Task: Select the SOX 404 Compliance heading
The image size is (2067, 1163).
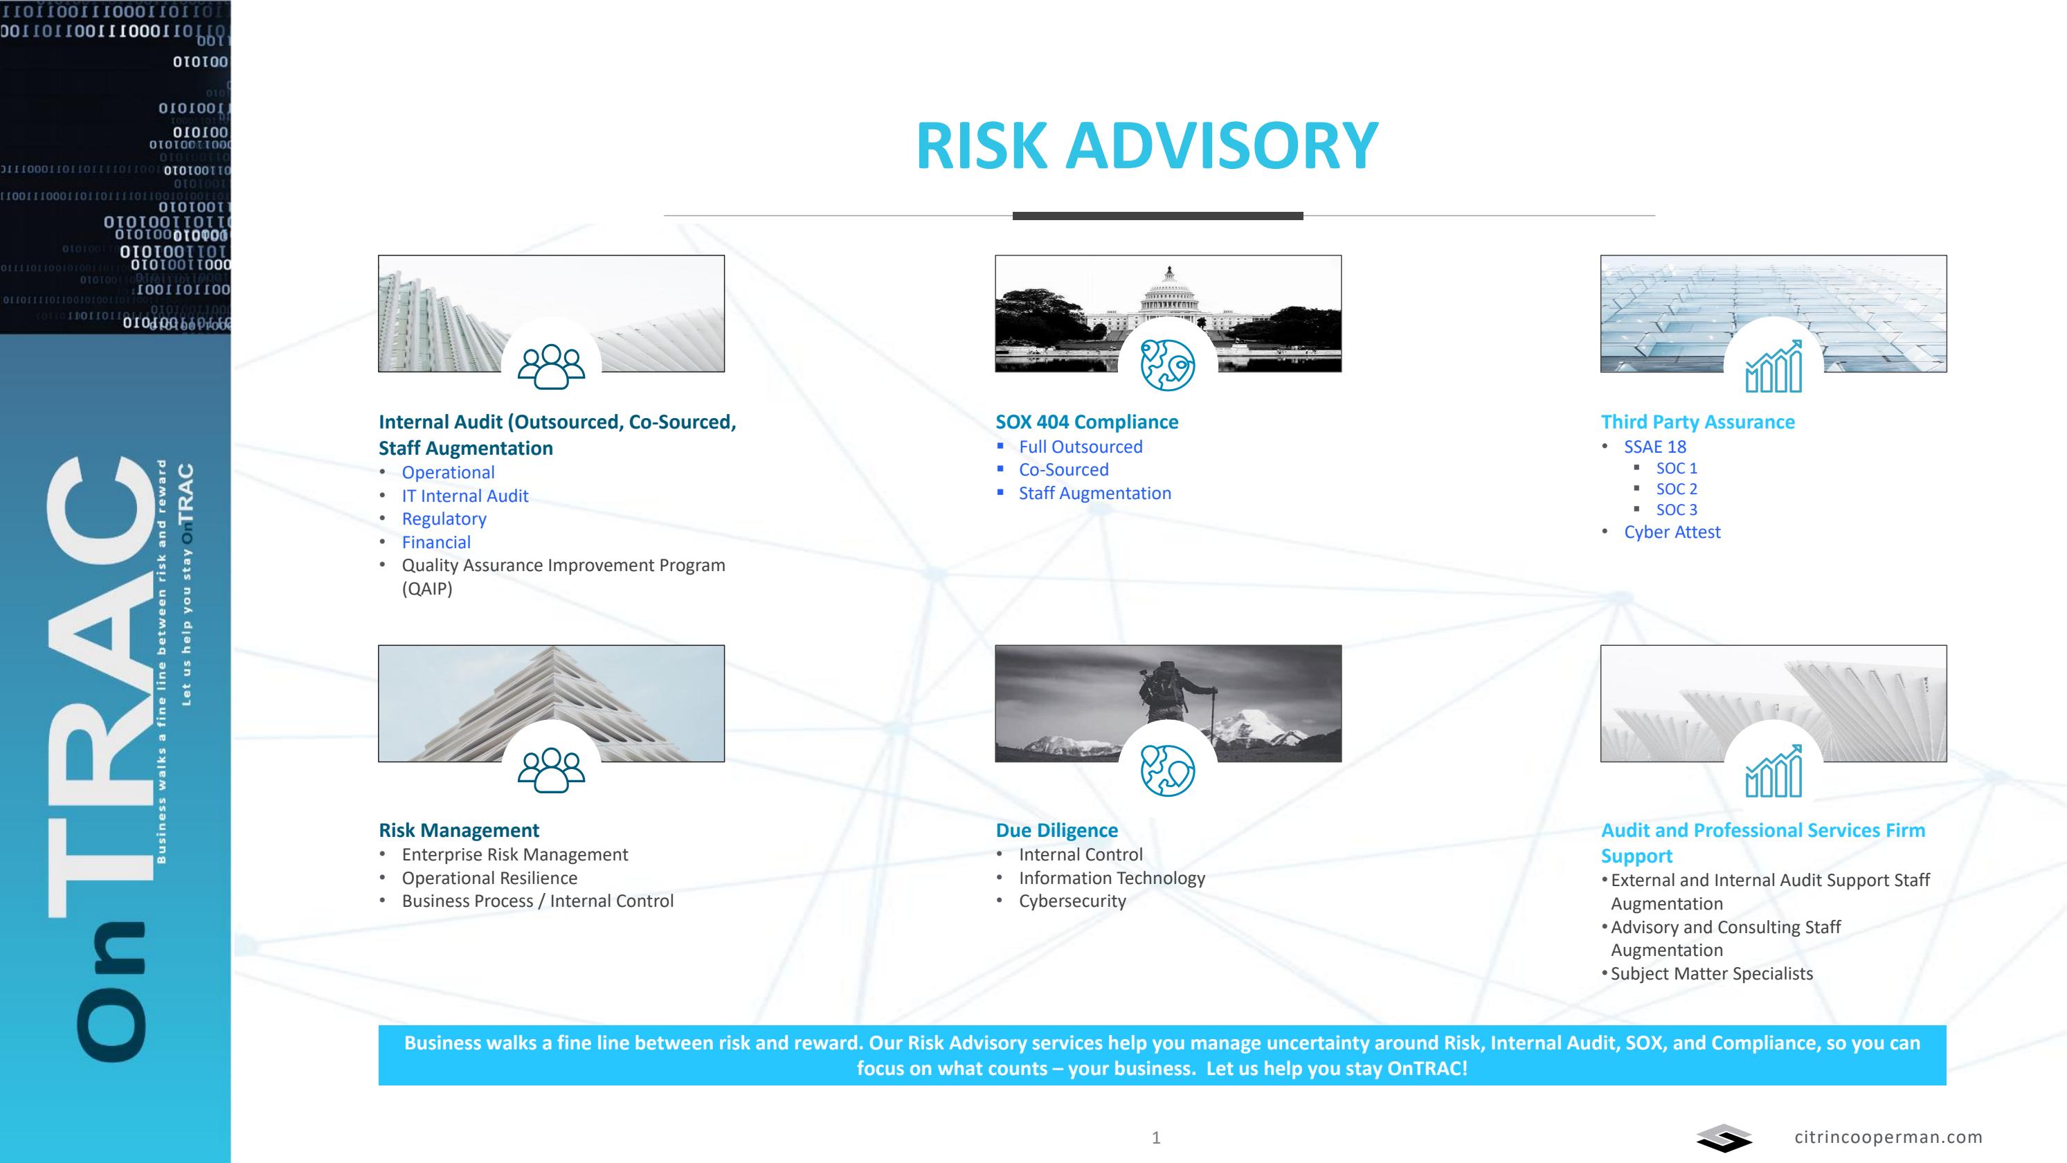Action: (x=1087, y=422)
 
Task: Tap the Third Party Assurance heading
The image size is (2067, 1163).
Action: (x=1697, y=422)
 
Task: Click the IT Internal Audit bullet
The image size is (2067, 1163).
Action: (x=464, y=496)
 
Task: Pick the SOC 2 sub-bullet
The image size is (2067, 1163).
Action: (x=1676, y=489)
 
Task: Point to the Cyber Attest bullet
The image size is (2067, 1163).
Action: (x=1672, y=532)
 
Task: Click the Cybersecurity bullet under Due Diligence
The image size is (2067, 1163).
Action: (x=1072, y=901)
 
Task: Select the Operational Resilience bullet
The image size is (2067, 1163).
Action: (x=489, y=878)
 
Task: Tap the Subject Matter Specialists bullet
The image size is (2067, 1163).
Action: (x=1711, y=973)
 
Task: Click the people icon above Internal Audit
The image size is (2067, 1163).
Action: (x=551, y=366)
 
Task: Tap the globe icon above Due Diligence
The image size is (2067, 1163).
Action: (x=1168, y=770)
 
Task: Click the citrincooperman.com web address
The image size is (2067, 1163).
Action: (x=1887, y=1137)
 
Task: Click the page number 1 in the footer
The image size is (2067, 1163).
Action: (x=1155, y=1138)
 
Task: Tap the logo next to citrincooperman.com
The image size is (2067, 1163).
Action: (x=1723, y=1138)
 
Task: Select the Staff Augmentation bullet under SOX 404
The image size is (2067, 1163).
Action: (x=1094, y=494)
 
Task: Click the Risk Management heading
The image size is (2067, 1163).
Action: (x=458, y=831)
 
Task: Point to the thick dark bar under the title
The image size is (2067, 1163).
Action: (x=1157, y=216)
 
